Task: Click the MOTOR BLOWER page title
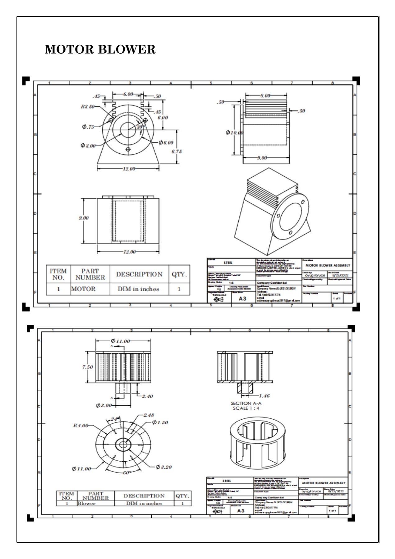point(100,49)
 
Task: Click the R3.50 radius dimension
point(88,107)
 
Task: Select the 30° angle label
point(141,127)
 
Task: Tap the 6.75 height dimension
point(177,151)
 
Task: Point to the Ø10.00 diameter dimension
point(235,133)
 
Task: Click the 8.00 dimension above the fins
point(265,96)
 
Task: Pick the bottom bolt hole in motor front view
point(128,150)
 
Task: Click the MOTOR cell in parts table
point(83,289)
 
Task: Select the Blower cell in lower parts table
point(87,503)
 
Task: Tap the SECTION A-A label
point(246,403)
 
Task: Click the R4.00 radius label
point(80,425)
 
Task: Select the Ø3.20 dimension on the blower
point(163,467)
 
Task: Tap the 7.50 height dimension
point(88,367)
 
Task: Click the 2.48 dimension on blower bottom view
point(149,415)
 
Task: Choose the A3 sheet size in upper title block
point(242,298)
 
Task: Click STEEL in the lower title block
point(227,481)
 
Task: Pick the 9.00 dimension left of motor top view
point(84,218)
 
